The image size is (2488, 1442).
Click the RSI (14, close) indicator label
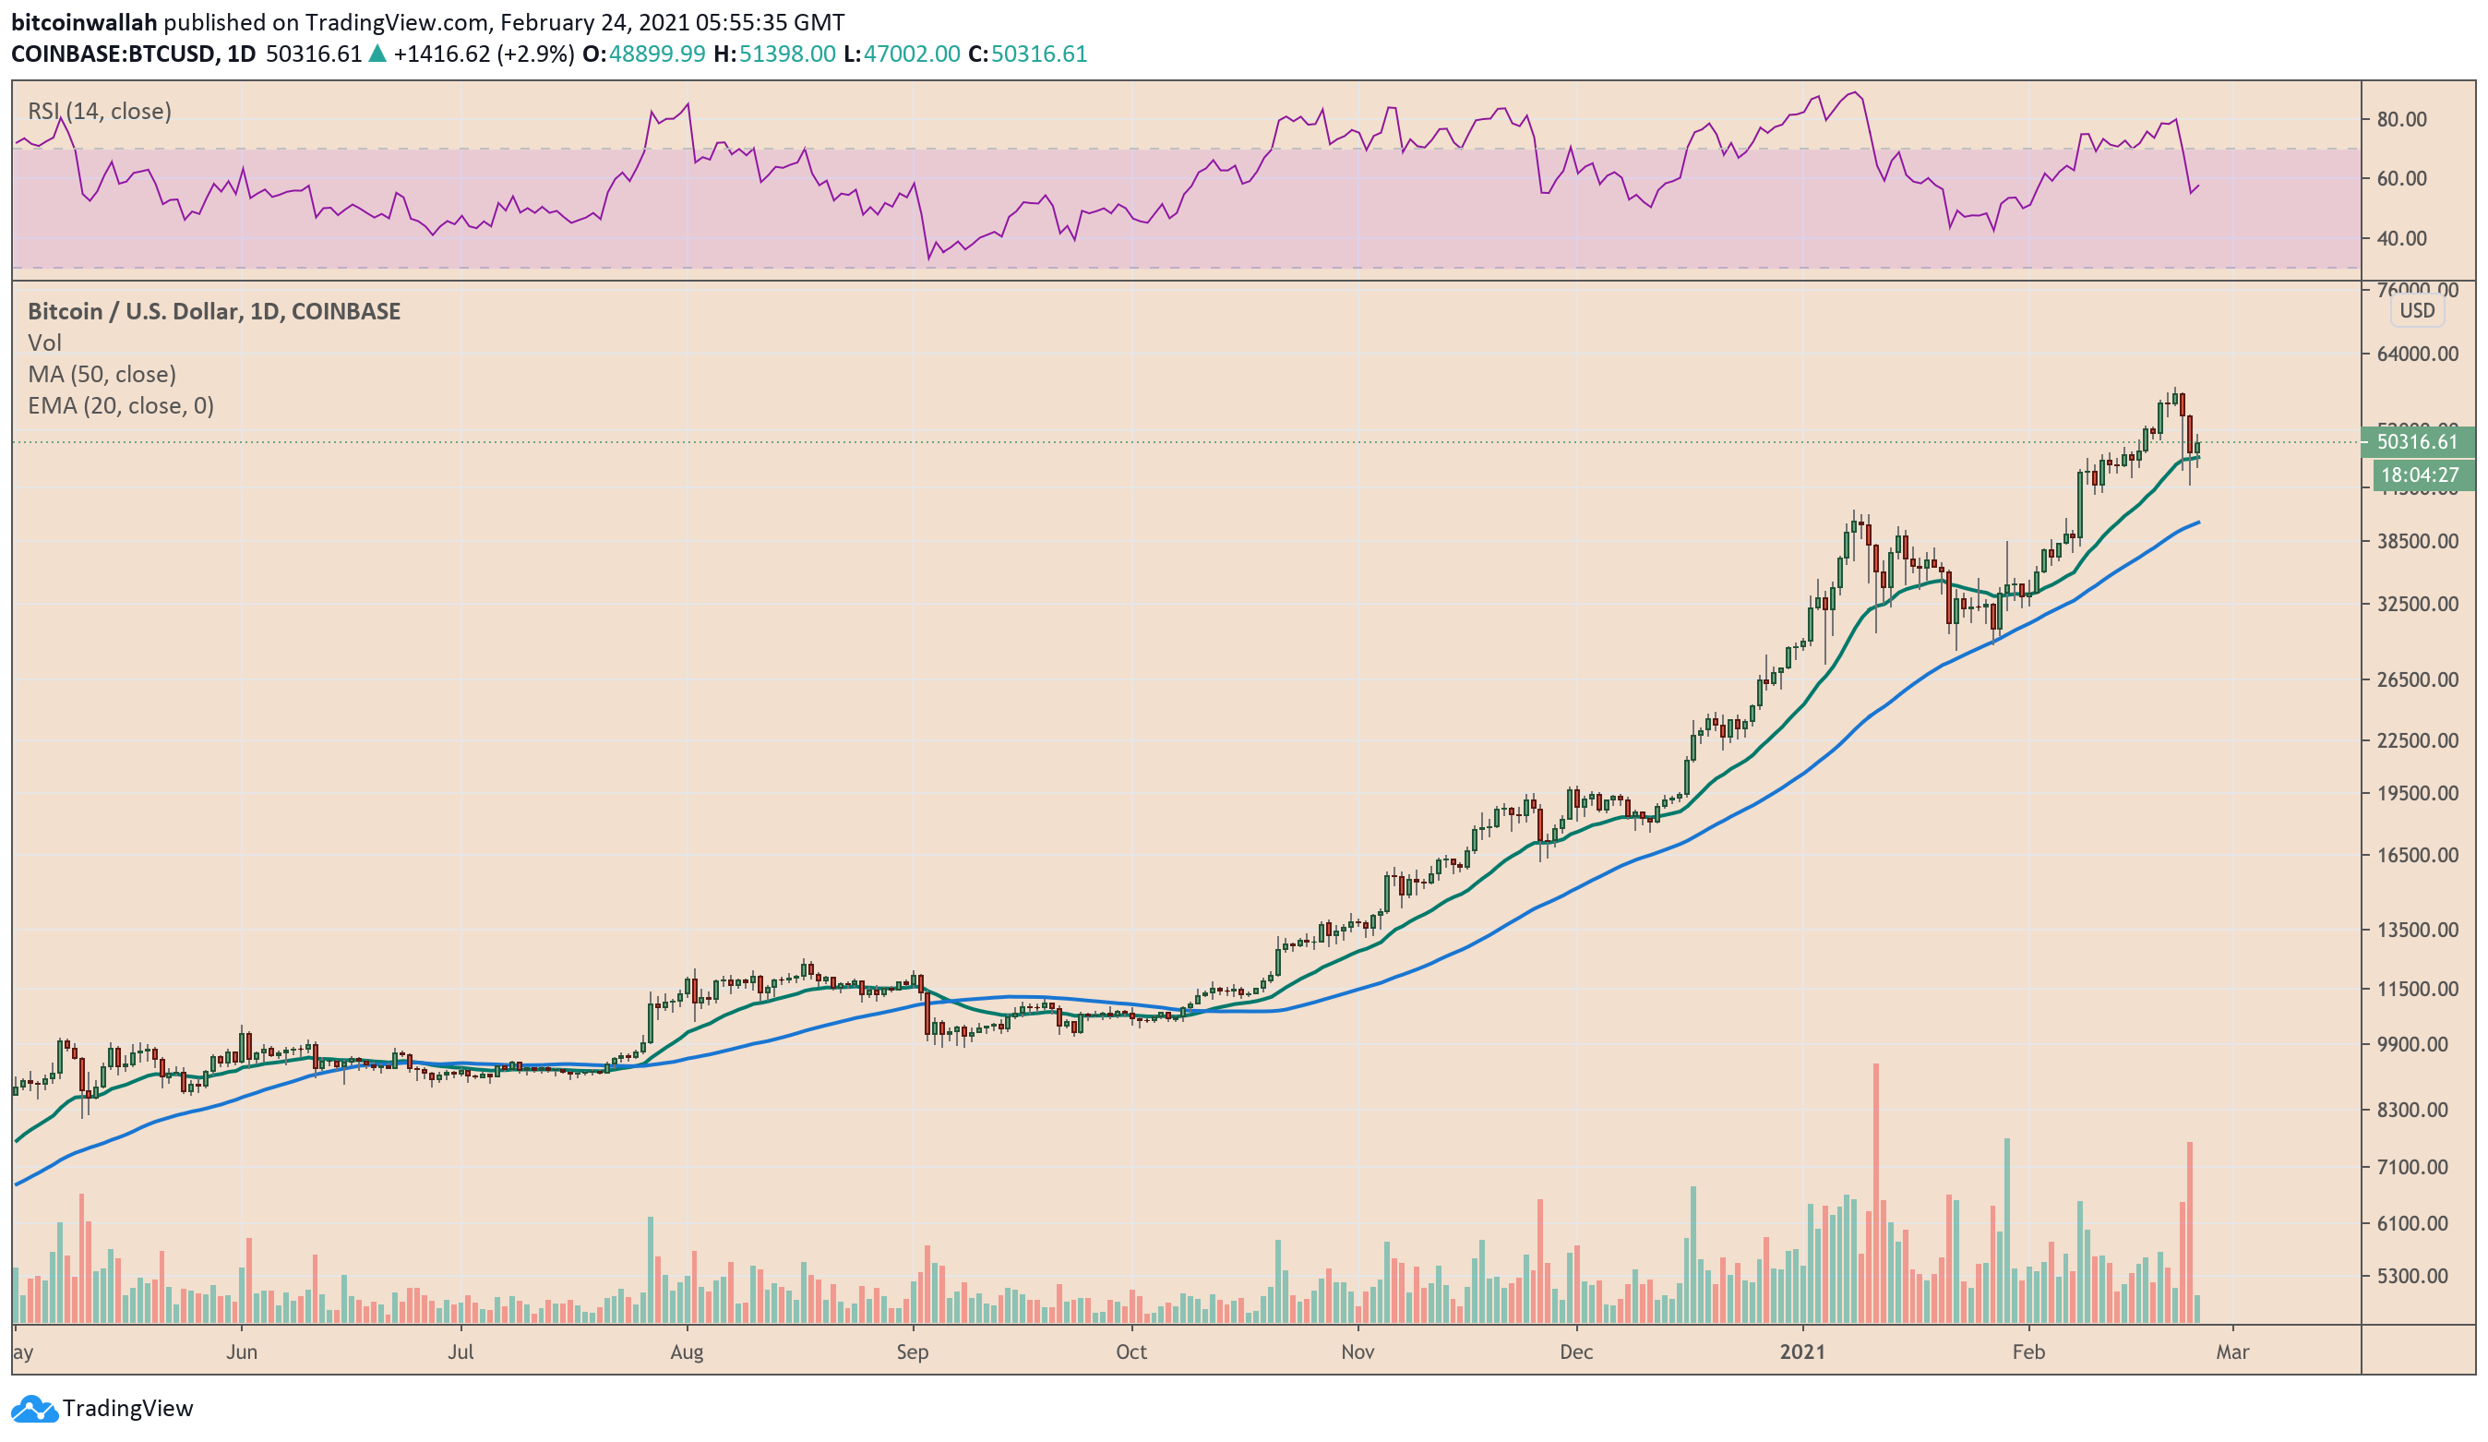[99, 111]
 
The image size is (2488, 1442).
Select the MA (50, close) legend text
[102, 374]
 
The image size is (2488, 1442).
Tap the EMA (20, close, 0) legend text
[121, 406]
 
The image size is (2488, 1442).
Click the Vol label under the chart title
[44, 342]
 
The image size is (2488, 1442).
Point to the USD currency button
[2417, 310]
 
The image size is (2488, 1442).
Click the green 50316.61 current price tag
[2416, 441]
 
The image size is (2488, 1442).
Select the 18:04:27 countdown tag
[2418, 475]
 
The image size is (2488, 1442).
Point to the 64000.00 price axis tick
[2418, 354]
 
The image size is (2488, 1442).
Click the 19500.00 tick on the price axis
[2418, 793]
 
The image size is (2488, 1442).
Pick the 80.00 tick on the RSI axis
[2401, 119]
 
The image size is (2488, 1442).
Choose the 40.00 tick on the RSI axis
[2401, 238]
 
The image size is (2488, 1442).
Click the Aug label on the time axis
[687, 1352]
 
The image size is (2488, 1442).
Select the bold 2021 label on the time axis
[1803, 1352]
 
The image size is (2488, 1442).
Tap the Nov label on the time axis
[1358, 1352]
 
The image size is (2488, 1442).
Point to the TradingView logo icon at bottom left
[34, 1409]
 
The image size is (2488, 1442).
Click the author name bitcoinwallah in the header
[84, 22]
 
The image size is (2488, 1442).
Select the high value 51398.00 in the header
[787, 54]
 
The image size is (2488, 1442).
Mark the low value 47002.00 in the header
[911, 54]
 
